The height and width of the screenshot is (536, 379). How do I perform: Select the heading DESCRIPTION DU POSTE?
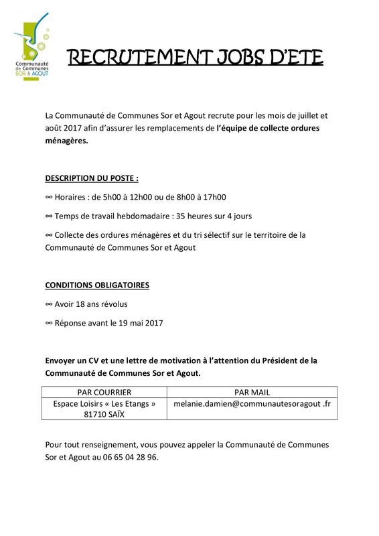(92, 178)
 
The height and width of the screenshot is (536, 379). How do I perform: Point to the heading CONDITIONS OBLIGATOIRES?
(97, 285)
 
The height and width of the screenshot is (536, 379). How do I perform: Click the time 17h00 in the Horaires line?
(214, 197)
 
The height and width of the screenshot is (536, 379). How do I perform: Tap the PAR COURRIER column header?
(104, 393)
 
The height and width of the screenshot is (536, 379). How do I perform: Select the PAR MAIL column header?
(252, 393)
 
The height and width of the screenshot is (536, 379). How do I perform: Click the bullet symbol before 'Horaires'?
(48, 197)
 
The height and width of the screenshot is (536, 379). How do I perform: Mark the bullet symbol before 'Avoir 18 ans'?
(48, 304)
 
